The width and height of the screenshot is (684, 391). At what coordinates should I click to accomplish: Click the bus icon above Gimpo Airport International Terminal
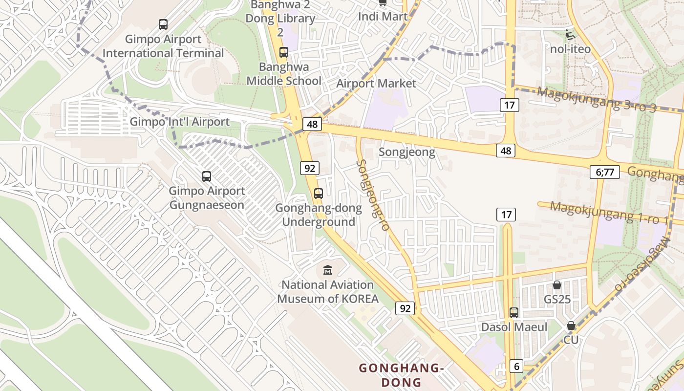[163, 24]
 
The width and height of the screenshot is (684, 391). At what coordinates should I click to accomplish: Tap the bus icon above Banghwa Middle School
[284, 52]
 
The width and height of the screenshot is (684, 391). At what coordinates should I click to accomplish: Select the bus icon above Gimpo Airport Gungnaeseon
[207, 176]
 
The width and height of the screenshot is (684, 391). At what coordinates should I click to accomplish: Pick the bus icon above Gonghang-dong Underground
[319, 194]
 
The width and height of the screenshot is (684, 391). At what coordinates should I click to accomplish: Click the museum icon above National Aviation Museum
[328, 269]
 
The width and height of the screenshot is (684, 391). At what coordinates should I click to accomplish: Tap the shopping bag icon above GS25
[557, 284]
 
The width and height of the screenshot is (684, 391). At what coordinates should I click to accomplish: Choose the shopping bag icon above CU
[571, 325]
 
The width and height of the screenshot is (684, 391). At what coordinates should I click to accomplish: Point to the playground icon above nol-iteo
[570, 34]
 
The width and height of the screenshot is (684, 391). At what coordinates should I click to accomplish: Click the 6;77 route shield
[604, 172]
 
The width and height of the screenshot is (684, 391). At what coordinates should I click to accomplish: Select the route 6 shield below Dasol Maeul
[516, 366]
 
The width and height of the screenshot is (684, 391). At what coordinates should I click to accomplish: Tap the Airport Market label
[376, 84]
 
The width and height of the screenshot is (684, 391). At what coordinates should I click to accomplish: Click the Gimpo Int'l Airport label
[180, 122]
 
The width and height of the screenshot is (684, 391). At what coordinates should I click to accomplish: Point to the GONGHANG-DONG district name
[401, 375]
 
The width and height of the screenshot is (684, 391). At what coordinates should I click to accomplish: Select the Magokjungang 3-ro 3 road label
[597, 100]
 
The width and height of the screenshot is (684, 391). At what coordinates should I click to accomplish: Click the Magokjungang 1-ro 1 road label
[608, 213]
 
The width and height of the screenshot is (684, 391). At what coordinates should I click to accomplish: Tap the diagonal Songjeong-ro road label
[373, 195]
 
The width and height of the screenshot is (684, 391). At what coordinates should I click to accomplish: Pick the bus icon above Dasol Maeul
[514, 312]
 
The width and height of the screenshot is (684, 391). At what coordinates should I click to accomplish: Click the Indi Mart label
[383, 16]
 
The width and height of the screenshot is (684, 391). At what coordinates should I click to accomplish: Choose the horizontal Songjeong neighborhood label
[407, 152]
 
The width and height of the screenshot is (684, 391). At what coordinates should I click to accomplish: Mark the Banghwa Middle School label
[284, 74]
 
